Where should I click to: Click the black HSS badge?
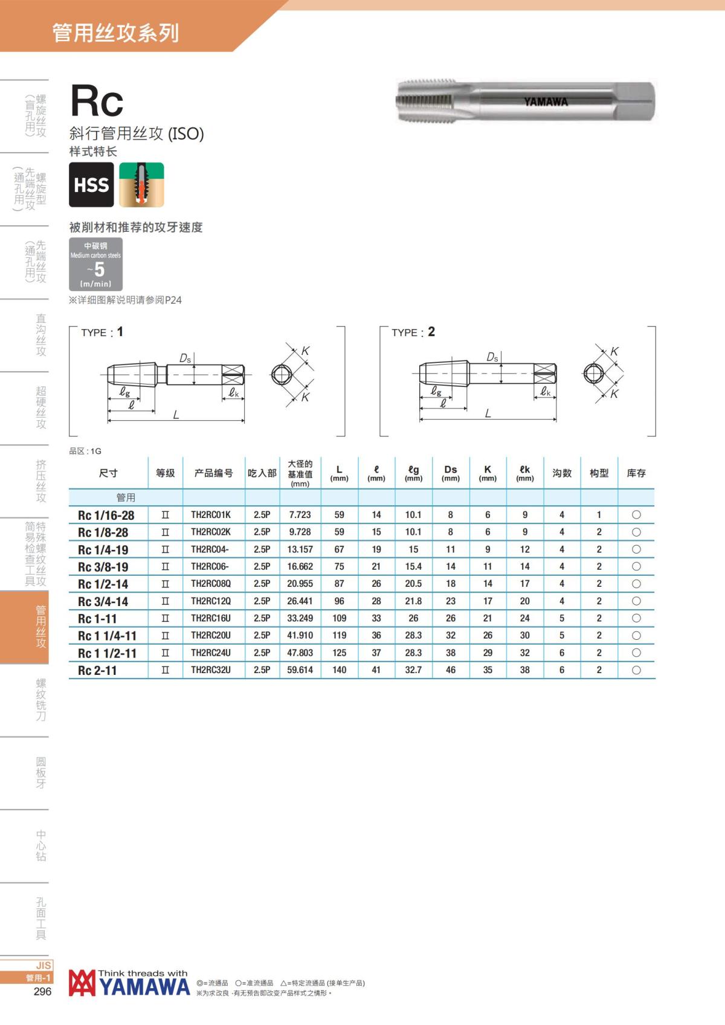click(x=91, y=184)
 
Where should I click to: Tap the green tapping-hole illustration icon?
click(x=141, y=184)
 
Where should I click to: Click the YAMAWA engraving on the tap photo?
click(x=546, y=101)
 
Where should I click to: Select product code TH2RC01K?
click(x=211, y=515)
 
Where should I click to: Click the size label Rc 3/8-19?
click(x=103, y=567)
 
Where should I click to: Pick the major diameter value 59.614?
click(x=300, y=670)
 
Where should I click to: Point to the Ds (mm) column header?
click(x=451, y=473)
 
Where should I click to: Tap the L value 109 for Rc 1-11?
click(x=340, y=618)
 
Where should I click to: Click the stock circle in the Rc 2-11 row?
click(x=636, y=670)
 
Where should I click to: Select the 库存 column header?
click(x=636, y=473)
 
